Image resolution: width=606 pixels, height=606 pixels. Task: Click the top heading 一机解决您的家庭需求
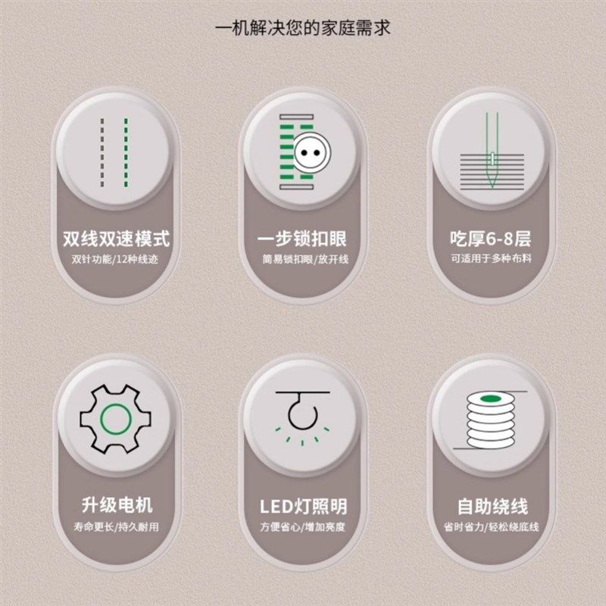303,29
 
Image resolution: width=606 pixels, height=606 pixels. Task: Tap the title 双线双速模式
117,239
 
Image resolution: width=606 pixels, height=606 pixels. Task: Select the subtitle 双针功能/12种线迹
117,259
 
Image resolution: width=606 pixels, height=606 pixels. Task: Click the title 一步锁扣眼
303,239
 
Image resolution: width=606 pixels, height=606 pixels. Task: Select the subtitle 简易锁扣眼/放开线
303,259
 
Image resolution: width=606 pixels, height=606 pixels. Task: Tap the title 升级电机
117,505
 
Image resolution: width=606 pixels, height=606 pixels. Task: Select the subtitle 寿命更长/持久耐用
117,526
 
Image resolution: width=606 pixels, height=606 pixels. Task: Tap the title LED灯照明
303,505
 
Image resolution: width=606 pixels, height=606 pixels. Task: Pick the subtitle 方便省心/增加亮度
303,526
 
